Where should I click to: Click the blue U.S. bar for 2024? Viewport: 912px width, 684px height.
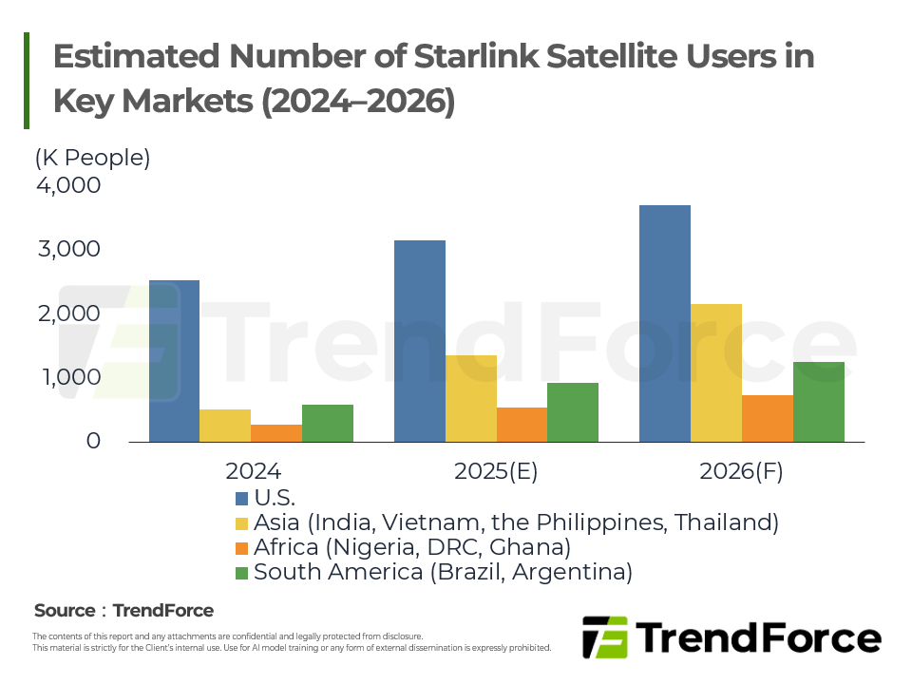174,361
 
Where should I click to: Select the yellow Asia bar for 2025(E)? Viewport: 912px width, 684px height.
470,398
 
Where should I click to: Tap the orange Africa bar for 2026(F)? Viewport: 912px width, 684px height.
768,418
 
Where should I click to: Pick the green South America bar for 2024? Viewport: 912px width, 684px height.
328,423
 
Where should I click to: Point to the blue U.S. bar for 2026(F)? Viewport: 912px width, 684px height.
665,323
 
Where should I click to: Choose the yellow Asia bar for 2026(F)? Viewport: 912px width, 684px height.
716,372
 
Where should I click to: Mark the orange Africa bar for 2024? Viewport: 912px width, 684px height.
276,433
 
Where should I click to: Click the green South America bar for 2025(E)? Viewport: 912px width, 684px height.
573,412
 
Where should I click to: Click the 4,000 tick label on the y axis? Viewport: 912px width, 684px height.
67,185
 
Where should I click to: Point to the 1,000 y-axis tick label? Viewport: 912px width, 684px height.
67,377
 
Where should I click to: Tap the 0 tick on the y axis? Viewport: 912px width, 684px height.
93,442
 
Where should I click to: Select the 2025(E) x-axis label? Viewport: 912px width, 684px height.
496,472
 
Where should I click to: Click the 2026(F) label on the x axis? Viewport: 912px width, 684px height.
741,472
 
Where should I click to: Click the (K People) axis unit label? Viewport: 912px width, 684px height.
93,158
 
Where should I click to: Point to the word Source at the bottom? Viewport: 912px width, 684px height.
65,611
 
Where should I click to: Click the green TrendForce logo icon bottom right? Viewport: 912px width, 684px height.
605,636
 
